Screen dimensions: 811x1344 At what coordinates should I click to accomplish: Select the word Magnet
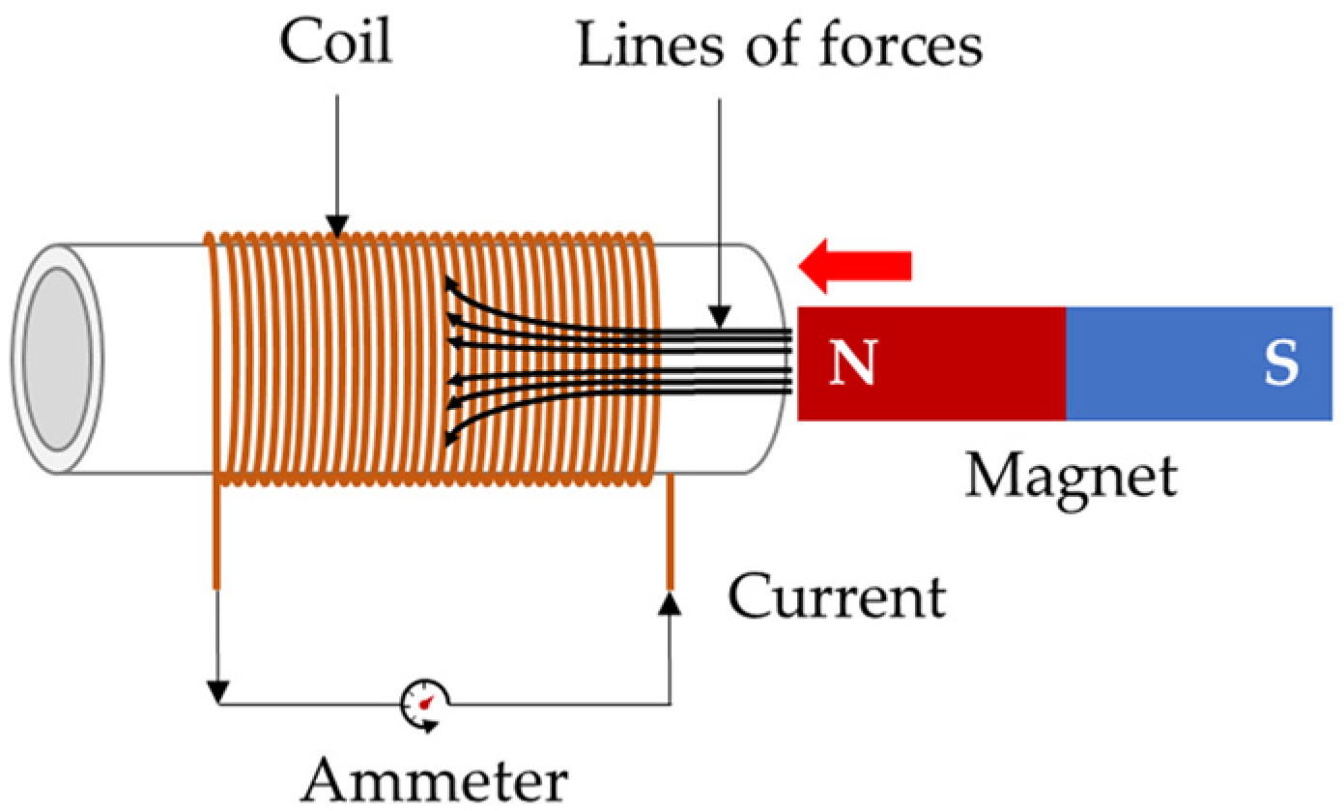tap(1072, 476)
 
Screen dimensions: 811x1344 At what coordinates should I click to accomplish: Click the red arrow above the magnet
tap(855, 266)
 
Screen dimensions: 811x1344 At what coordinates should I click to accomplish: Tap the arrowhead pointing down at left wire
tap(218, 692)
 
